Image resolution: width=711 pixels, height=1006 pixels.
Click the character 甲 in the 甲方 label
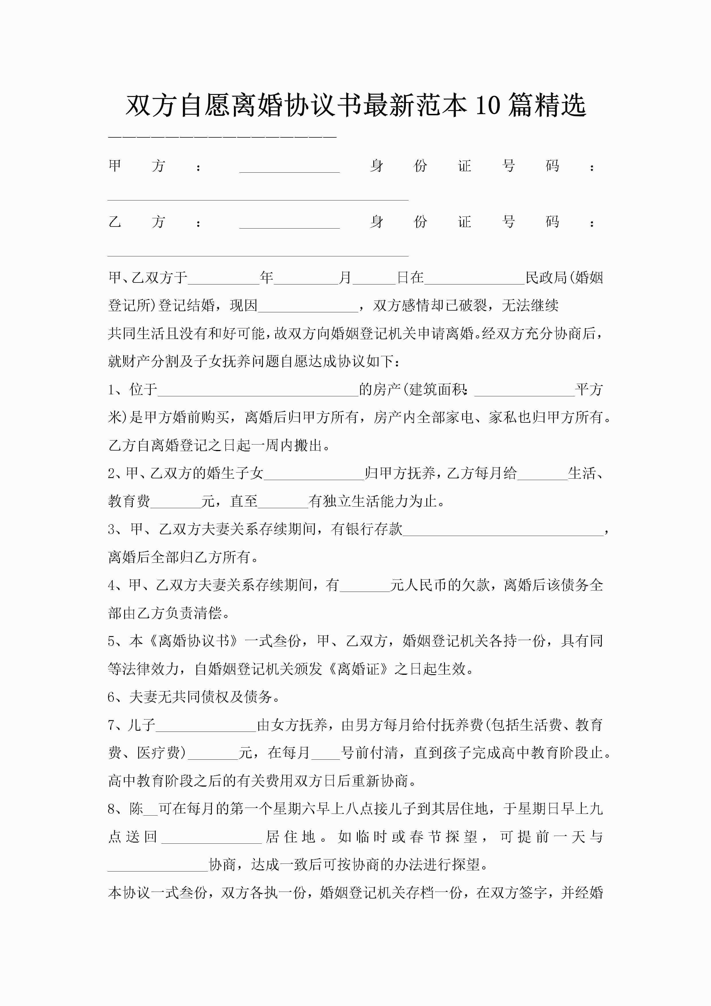pos(115,166)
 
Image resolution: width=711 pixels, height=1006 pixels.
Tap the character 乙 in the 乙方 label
pos(115,222)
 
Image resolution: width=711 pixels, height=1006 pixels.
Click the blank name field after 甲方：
pos(289,167)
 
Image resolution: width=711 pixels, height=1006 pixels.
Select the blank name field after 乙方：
pos(289,223)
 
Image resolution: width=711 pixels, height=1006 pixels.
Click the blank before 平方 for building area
pos(524,390)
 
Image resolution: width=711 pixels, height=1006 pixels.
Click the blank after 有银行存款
pos(503,530)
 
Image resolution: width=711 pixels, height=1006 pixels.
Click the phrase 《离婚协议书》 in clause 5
pos(194,641)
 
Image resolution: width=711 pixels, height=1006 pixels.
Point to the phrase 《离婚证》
pos(359,669)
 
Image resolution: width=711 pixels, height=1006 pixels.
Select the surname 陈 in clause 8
pos(136,809)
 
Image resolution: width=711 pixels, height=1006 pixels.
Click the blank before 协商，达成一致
pos(158,866)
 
